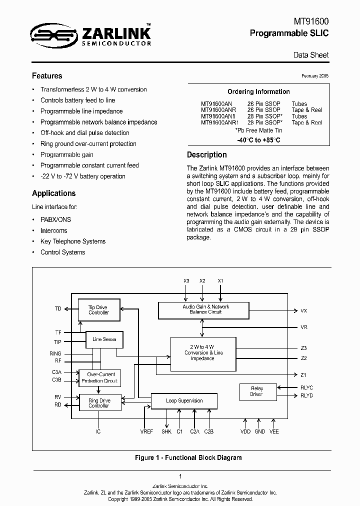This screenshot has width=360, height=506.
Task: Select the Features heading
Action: (x=47, y=76)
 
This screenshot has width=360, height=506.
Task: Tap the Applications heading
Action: (x=54, y=193)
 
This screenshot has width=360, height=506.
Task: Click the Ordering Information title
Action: (x=258, y=92)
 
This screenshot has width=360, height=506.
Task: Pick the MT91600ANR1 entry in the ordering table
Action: (x=220, y=122)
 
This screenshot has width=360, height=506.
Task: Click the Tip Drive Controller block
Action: (x=98, y=310)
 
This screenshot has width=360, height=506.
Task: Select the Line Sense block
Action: (x=104, y=339)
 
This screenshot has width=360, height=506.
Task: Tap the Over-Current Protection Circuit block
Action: (x=100, y=377)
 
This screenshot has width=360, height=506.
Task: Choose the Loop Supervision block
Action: (x=184, y=401)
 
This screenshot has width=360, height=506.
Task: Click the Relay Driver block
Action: (x=256, y=391)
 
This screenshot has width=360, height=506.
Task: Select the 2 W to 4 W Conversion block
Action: (x=202, y=352)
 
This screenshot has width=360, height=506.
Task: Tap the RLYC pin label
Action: (x=307, y=387)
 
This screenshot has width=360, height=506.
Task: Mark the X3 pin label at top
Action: (x=186, y=281)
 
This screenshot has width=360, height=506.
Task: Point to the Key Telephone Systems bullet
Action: (x=73, y=241)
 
